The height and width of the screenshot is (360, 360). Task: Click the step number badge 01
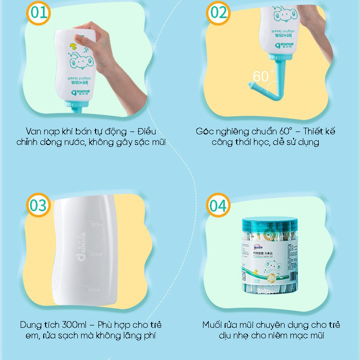38,12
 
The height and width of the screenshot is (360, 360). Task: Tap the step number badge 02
219,12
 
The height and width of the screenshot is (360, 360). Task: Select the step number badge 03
38,205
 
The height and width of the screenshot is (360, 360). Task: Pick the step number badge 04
219,205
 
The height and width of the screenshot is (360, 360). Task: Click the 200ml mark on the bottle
96,254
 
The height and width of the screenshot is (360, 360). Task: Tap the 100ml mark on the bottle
94,290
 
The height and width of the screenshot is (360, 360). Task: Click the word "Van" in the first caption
35,131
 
